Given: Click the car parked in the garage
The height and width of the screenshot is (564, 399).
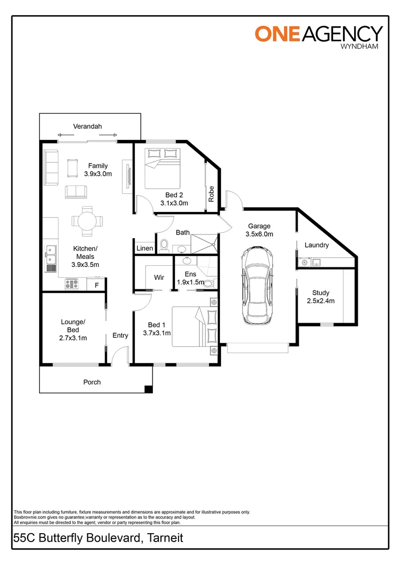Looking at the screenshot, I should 256,287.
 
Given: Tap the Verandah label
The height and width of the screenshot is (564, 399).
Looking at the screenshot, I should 87,126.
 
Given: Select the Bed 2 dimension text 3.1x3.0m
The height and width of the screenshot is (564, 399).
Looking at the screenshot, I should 174,203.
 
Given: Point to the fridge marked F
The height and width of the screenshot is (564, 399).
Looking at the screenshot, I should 96,285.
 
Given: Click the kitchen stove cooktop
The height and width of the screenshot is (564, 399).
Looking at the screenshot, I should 72,285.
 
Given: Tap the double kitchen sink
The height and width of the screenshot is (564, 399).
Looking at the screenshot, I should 50,257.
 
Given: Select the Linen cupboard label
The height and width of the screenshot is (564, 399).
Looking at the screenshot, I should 145,248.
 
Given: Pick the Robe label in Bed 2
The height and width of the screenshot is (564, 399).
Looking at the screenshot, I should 211,194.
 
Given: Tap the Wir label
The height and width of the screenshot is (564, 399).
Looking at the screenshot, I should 159,278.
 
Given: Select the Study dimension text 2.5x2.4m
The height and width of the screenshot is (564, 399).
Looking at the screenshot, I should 320,301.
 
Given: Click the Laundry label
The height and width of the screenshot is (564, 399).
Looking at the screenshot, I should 316,245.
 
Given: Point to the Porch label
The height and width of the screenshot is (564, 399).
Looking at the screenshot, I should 92,382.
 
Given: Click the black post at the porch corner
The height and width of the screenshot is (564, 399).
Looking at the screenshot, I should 148,389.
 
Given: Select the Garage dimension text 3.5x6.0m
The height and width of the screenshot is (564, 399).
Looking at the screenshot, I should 259,234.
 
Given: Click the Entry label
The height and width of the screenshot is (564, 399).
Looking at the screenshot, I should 120,335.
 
